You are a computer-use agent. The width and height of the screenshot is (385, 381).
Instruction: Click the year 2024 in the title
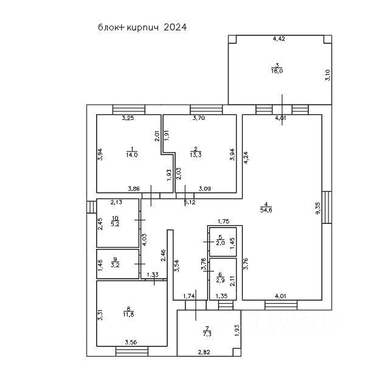point(175,27)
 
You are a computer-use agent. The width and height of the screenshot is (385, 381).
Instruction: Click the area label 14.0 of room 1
point(132,155)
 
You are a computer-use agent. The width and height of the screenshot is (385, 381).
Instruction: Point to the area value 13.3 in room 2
point(196,155)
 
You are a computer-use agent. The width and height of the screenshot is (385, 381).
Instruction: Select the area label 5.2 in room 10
point(115,223)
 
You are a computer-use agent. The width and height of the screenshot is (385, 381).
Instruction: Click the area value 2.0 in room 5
point(220,242)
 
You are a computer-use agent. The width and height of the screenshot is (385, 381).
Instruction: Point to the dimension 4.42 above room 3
point(279,38)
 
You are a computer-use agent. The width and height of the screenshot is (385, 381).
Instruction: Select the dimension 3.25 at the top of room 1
point(128,118)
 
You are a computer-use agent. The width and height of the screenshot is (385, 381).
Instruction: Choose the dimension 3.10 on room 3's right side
point(327,75)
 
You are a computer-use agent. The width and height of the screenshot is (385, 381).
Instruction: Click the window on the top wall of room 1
point(129,110)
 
